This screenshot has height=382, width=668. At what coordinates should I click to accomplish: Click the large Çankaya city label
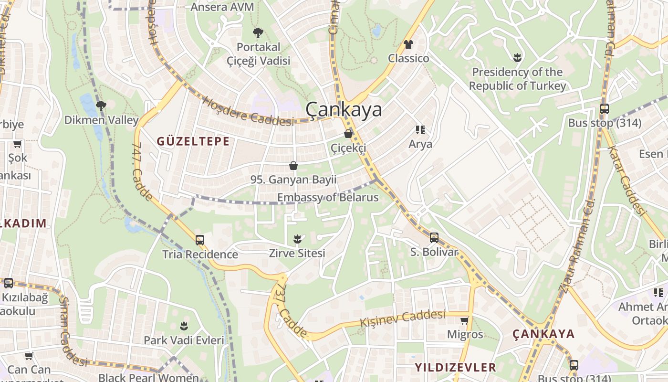344,110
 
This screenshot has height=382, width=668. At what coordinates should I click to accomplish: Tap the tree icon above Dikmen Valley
101,106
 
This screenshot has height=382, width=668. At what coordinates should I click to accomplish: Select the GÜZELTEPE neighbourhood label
193,141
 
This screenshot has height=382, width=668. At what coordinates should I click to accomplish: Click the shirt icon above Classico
408,44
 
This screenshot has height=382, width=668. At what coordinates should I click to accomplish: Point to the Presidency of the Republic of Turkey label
517,79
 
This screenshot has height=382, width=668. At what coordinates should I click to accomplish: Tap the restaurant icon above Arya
420,130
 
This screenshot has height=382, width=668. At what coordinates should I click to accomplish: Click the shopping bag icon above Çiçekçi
349,134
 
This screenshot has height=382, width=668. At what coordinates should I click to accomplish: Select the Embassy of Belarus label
328,197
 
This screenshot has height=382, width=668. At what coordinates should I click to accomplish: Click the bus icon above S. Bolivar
434,237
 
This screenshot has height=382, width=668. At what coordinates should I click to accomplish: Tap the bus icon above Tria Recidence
200,240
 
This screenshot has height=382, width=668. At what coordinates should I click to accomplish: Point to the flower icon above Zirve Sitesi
297,238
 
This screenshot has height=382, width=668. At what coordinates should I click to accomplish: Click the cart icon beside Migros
465,320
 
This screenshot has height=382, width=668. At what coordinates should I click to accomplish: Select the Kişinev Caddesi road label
403,318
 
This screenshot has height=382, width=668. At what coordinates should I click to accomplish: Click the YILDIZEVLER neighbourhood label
455,367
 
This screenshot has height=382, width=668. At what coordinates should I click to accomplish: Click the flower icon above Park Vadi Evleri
184,326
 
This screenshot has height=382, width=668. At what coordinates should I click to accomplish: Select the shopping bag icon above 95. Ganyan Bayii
293,166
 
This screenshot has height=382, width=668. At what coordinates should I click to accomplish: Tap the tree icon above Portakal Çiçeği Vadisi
258,33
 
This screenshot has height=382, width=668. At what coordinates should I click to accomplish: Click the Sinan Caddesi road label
71,329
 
